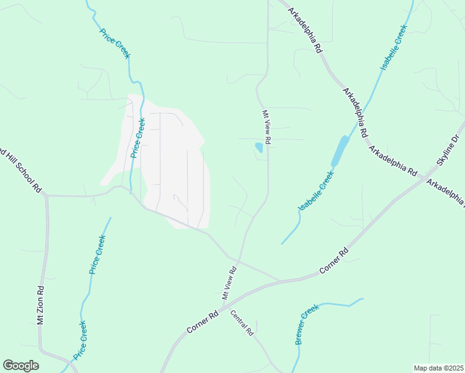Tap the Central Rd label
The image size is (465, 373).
click(x=242, y=323)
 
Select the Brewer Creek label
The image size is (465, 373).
click(x=306, y=324)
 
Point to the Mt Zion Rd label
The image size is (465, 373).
click(x=40, y=305)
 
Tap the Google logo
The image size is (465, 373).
click(x=21, y=366)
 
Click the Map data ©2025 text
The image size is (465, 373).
click(x=438, y=368)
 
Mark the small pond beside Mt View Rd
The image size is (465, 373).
click(x=259, y=147)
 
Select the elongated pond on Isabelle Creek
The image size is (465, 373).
click(x=339, y=150)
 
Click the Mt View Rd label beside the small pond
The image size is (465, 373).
click(x=266, y=127)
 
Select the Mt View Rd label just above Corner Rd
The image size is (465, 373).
click(x=226, y=280)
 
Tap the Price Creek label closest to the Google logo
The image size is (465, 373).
click(x=80, y=340)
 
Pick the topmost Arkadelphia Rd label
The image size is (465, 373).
click(x=310, y=29)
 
